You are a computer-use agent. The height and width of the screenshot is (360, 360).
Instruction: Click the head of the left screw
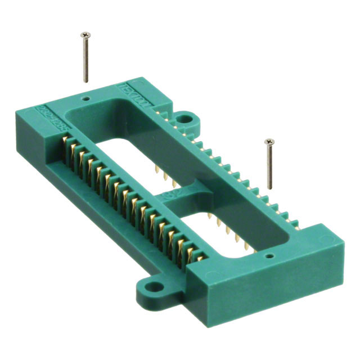pos(85,35)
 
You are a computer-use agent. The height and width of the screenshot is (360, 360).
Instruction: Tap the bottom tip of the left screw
pos(86,82)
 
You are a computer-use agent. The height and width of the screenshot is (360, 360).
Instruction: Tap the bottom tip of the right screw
pos(271,188)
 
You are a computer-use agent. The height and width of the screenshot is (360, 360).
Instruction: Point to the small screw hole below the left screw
pos(85,97)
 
